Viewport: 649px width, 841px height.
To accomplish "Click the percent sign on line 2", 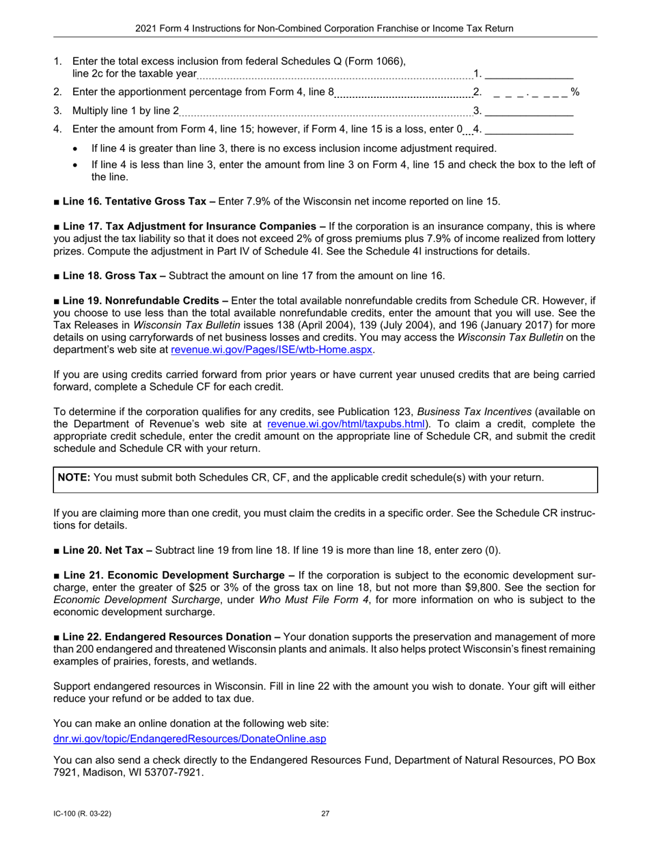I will pos(575,92).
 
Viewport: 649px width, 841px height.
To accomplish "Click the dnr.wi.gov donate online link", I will pos(189,738).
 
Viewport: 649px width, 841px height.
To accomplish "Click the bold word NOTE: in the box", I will pos(74,477).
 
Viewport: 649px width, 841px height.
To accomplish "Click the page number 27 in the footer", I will pos(324,814).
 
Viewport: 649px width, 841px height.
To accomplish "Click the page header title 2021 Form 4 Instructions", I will pos(324,28).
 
